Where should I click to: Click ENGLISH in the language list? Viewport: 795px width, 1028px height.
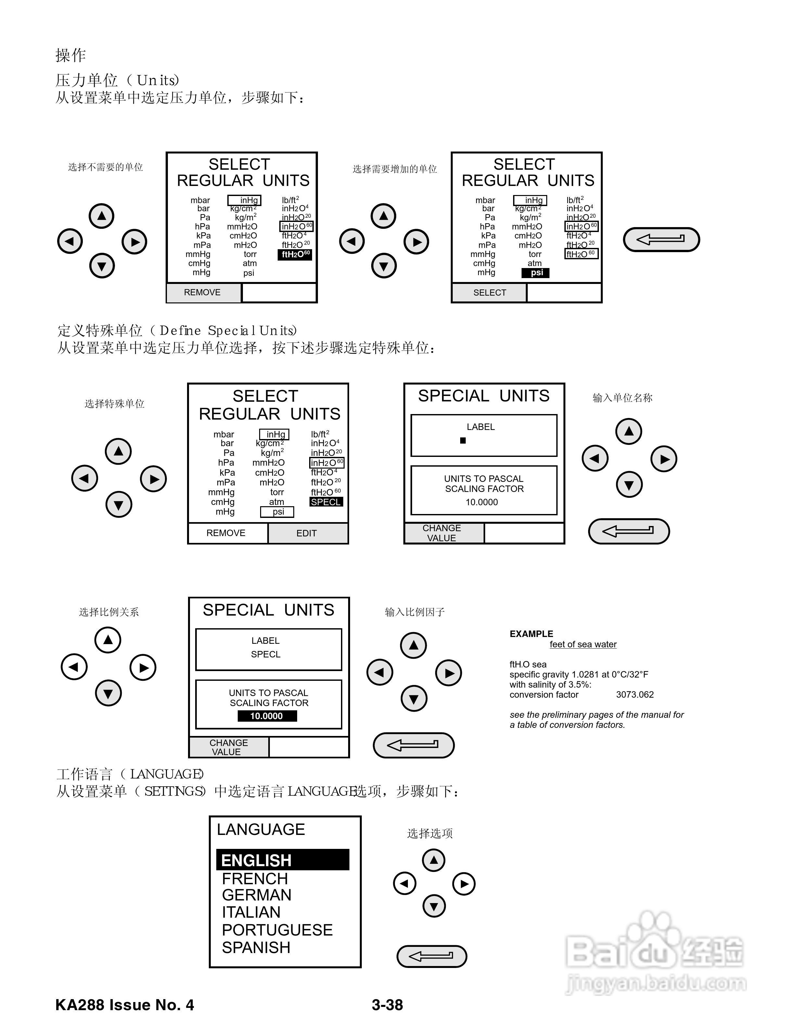[257, 860]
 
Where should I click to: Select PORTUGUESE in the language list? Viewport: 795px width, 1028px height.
[277, 930]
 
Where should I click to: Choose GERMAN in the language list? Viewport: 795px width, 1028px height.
[256, 895]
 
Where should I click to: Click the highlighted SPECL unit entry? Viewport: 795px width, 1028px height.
[326, 502]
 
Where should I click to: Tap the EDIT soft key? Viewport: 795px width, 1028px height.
[307, 533]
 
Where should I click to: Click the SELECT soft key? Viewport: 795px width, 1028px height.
[489, 293]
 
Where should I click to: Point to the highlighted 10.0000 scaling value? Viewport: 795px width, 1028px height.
[267, 716]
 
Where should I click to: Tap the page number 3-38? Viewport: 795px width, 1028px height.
[387, 1005]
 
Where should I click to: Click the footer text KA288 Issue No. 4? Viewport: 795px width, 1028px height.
[124, 1005]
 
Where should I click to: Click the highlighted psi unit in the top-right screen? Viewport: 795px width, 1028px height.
[536, 273]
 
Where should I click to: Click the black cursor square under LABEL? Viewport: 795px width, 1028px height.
[463, 441]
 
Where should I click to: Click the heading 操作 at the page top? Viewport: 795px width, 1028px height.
[71, 55]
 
